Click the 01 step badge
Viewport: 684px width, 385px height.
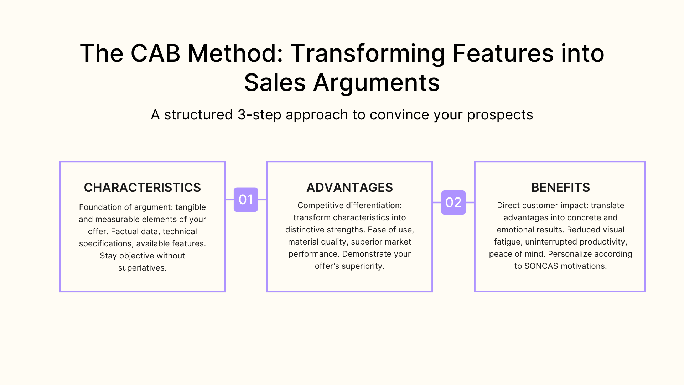(x=246, y=200)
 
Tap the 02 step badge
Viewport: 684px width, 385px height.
(x=453, y=202)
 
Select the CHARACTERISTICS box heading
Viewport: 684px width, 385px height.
(x=142, y=188)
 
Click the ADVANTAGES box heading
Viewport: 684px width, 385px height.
(x=349, y=188)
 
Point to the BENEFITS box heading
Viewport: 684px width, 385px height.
(x=560, y=188)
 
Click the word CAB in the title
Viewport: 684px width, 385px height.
(x=155, y=53)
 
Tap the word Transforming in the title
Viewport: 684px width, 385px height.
(x=368, y=53)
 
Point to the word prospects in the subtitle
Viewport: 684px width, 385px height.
(x=500, y=115)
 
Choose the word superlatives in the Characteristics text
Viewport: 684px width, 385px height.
(x=142, y=268)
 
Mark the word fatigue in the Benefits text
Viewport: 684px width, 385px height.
(x=508, y=242)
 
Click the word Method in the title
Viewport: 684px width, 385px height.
(x=235, y=53)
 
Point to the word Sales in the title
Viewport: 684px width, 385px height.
(x=275, y=83)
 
